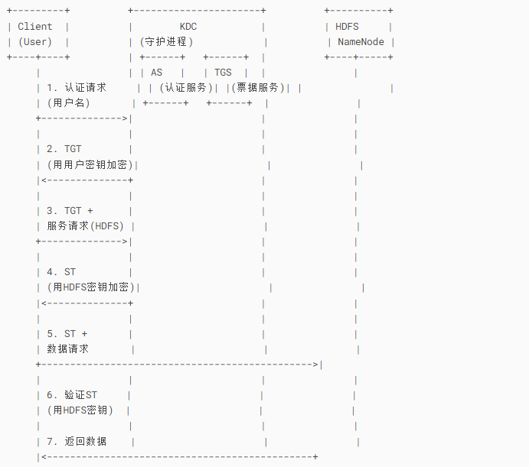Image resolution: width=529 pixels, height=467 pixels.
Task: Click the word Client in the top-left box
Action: click(x=35, y=27)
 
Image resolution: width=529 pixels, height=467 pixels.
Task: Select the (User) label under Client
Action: click(x=35, y=42)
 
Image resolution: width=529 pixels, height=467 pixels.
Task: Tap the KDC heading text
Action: click(x=188, y=27)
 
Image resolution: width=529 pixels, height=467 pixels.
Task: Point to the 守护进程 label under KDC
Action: click(x=168, y=42)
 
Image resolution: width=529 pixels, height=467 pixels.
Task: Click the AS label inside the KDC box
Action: click(x=157, y=73)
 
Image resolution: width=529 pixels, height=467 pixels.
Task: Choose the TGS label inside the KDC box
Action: click(x=223, y=73)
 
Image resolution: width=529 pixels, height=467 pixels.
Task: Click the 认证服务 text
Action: click(x=186, y=88)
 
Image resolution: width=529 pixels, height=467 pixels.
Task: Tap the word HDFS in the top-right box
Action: click(x=347, y=27)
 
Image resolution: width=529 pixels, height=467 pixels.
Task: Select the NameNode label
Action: click(x=361, y=42)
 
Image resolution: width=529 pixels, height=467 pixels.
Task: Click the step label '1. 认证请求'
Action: click(x=77, y=88)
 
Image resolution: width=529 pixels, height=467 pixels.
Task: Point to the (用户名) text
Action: click(x=68, y=103)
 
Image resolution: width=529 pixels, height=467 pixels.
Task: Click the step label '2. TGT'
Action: click(x=64, y=149)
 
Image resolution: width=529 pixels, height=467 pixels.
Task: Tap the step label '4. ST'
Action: click(x=61, y=271)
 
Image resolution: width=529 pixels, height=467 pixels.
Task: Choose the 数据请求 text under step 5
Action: click(x=67, y=349)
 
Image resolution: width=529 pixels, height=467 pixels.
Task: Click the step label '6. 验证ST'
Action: click(x=72, y=395)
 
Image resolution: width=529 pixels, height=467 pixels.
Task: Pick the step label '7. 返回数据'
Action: click(x=77, y=441)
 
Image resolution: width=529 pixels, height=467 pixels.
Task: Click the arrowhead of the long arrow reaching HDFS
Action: click(x=315, y=364)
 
